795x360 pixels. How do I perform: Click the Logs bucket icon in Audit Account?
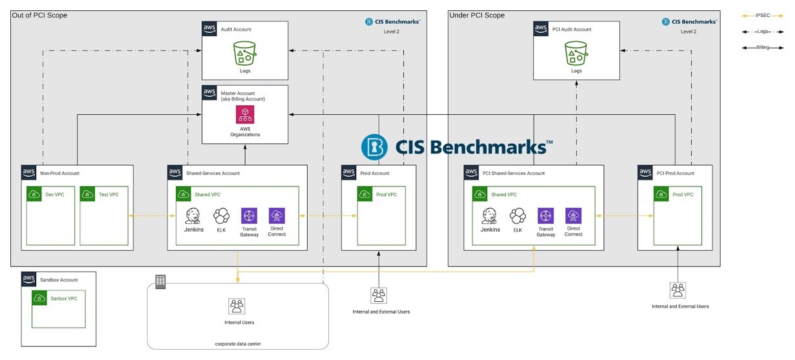tap(245, 53)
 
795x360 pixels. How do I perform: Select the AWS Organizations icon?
tap(245, 115)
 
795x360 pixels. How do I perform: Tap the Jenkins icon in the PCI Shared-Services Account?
tap(489, 215)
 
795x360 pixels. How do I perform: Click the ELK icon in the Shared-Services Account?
tap(221, 215)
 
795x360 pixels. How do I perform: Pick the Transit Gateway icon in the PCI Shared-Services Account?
tap(545, 215)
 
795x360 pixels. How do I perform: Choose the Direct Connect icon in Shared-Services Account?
tap(277, 215)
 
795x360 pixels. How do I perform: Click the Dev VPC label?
tap(55, 194)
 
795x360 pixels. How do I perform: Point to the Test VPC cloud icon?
tap(87, 194)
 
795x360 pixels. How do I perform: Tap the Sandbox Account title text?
tap(59, 280)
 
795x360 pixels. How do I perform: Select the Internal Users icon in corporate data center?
tap(237, 306)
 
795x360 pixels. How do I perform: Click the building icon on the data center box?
tap(161, 282)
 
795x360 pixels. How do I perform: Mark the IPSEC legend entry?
tap(763, 15)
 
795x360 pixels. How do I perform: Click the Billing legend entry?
tap(763, 48)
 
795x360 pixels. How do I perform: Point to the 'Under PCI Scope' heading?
tap(477, 15)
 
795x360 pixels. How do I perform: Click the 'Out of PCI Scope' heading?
tap(39, 15)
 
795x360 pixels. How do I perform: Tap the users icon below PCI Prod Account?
tap(678, 290)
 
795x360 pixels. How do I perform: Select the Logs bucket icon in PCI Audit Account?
tap(576, 53)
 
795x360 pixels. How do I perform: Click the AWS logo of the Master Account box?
tap(209, 92)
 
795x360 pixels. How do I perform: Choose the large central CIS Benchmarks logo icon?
tap(374, 147)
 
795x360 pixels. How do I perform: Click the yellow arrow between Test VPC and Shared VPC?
tap(152, 215)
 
